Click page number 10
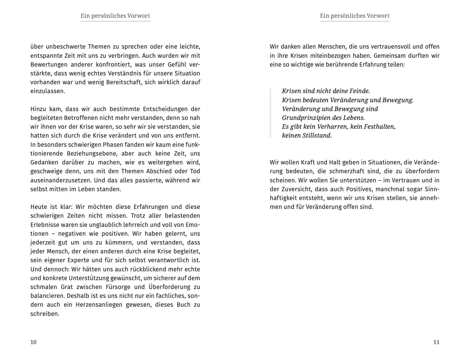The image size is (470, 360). [x=33, y=342]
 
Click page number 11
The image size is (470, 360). [x=436, y=342]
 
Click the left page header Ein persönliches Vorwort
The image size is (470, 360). [x=115, y=16]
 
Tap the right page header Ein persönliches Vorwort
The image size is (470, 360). [x=355, y=16]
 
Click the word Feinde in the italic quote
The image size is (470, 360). [x=359, y=91]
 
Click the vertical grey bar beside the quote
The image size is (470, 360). [x=270, y=113]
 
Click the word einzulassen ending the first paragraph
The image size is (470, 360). [x=47, y=91]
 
